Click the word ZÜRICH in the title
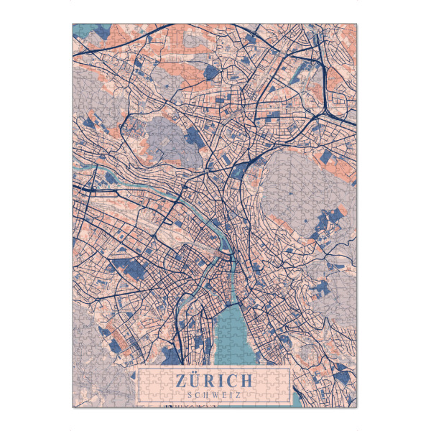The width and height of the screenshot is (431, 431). coord(213,381)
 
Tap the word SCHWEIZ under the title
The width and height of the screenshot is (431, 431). coord(213,394)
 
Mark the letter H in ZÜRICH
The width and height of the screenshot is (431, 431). coord(246,381)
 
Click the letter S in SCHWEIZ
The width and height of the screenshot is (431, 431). coord(190,394)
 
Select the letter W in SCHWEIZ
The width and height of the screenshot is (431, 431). coord(214,394)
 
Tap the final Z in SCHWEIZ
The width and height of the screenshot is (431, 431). coord(238,394)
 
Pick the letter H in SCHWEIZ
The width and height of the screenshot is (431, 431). coord(205,394)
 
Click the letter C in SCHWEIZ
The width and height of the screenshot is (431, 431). coord(198,394)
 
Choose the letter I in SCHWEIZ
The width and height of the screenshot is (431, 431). coord(230,394)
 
